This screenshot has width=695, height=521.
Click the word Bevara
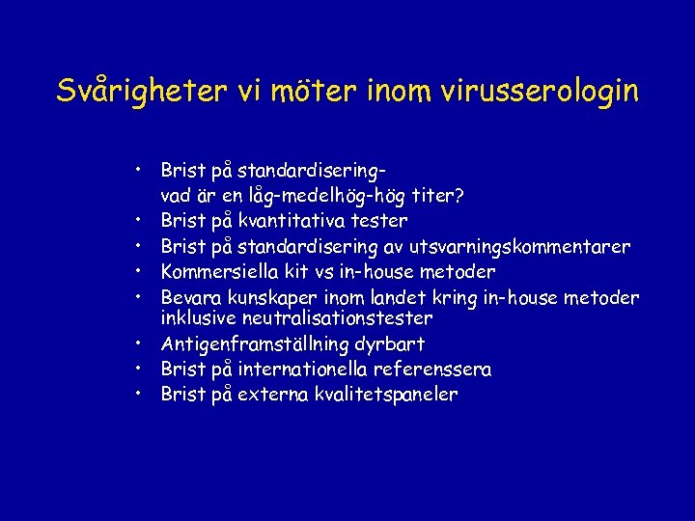pos(189,296)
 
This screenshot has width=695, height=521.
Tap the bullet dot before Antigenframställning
pos(141,343)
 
